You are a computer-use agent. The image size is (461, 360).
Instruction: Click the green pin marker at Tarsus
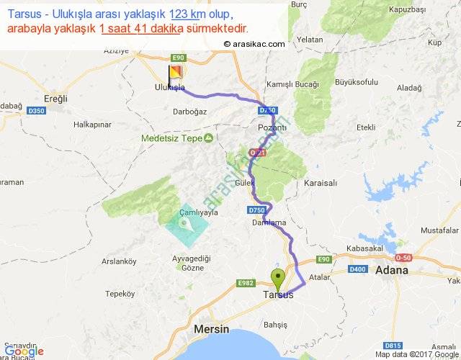[277, 277]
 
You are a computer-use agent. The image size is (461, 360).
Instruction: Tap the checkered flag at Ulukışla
[175, 73]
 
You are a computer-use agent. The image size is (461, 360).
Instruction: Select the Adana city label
[392, 271]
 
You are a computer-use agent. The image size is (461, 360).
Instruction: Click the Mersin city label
[211, 329]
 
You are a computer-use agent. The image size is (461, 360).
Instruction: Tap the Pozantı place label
[272, 127]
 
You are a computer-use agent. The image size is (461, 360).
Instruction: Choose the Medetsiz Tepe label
[172, 138]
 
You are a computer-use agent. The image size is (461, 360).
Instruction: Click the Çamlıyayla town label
[199, 212]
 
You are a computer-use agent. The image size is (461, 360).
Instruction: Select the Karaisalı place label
[321, 184]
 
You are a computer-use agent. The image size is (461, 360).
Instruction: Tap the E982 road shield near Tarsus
[246, 284]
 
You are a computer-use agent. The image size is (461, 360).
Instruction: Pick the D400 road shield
[357, 269]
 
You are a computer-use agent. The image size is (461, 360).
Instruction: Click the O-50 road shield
[402, 258]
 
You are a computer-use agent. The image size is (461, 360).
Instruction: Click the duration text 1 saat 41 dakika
[141, 29]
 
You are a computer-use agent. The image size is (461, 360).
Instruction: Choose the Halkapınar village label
[92, 125]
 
